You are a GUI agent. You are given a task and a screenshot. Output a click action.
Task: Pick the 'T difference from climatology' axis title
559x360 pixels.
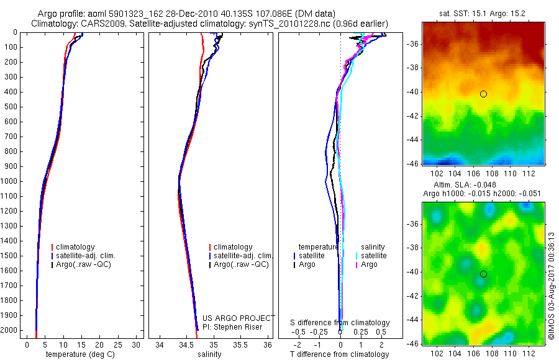(339, 355)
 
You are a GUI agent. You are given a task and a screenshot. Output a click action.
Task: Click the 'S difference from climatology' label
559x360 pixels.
(340, 323)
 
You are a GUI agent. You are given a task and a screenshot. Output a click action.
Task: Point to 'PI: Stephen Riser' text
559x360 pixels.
(232, 327)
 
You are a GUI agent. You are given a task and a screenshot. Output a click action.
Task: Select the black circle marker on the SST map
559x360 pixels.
(483, 94)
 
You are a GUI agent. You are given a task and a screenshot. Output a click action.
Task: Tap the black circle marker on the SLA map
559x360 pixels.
(483, 274)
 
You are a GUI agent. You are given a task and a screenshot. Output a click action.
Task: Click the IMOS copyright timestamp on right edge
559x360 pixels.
(552, 286)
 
